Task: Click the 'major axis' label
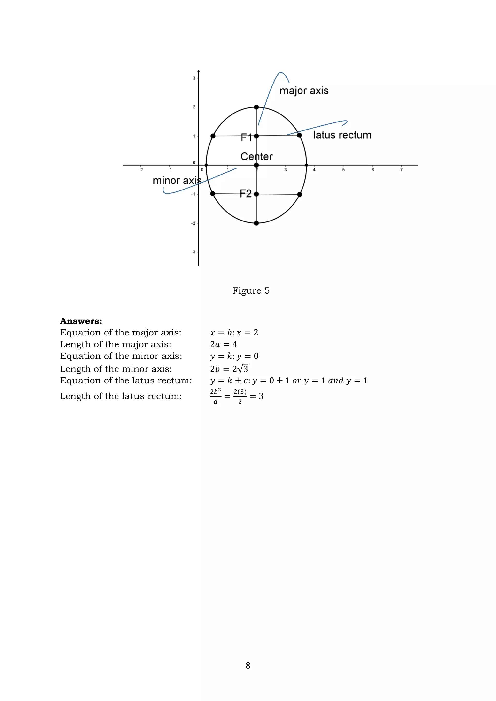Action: tap(304, 91)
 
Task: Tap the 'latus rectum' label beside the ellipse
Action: tap(342, 135)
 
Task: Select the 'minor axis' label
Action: tap(177, 180)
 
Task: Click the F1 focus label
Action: tap(246, 137)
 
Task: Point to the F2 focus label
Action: tap(246, 194)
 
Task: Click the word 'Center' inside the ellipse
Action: tap(256, 156)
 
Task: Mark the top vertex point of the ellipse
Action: tap(256, 107)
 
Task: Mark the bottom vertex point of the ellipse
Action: tap(256, 223)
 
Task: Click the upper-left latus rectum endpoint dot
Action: tap(213, 136)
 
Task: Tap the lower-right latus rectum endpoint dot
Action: tap(300, 194)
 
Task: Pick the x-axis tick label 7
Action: tap(401, 170)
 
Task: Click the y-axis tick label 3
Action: tap(194, 78)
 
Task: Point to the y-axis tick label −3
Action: tap(193, 252)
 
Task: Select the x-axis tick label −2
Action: tap(140, 170)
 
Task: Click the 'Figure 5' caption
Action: tap(251, 291)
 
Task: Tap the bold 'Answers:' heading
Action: tap(81, 321)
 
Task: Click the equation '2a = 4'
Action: tap(224, 344)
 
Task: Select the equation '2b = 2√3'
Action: tap(229, 369)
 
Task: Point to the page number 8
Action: tap(248, 665)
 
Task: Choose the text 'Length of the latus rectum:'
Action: tap(121, 396)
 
